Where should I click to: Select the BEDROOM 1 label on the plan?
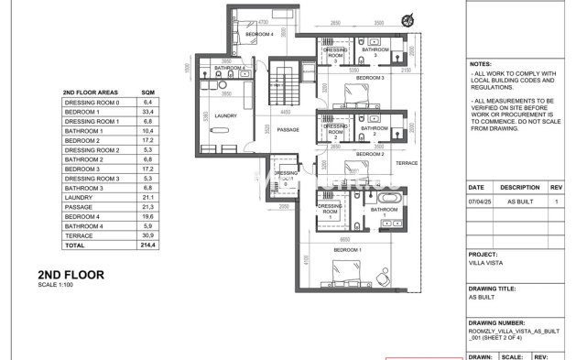[x=347, y=250]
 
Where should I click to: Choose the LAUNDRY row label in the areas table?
[x=77, y=198]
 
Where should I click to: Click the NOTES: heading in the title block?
[x=482, y=65]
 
